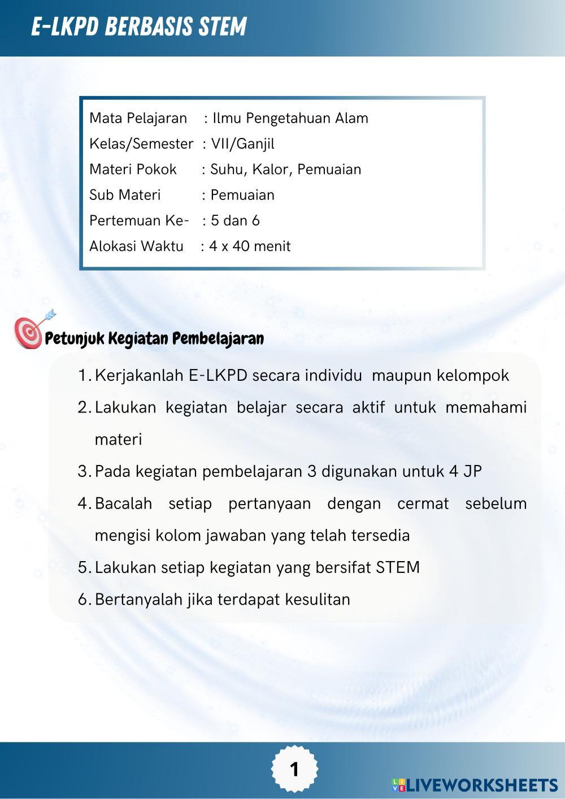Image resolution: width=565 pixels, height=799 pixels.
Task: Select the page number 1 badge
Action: pos(294,769)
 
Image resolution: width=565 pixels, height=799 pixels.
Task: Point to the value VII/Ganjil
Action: pos(242,144)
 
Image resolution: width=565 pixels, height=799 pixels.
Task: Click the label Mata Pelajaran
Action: pos(138,118)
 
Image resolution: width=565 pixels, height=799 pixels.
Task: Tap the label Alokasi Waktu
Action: pos(136,246)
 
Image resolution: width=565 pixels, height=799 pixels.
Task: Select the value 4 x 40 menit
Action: pos(250,246)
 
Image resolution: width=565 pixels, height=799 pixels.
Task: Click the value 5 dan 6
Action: pos(235,220)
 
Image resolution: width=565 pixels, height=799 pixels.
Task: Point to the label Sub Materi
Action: pos(125,195)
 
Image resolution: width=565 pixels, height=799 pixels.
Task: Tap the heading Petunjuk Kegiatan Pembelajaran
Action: pos(154,338)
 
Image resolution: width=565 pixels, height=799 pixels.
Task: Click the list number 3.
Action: pos(84,471)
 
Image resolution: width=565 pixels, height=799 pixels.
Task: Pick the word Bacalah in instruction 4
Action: pos(123,503)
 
